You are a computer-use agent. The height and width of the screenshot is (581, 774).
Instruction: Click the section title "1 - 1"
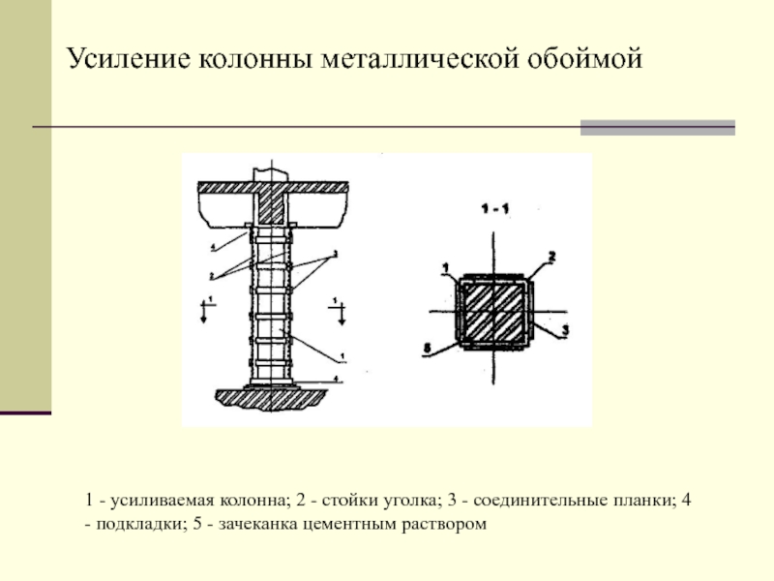[x=494, y=207]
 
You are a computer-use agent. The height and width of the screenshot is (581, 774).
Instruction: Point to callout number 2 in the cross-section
[x=551, y=257]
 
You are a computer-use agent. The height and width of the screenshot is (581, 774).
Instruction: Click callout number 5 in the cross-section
[x=428, y=346]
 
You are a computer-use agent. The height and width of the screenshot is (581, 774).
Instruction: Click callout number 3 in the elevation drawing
[x=334, y=254]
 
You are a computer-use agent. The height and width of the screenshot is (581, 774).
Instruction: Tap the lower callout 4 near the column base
[x=335, y=378]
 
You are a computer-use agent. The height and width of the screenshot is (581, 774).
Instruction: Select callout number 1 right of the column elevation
[x=342, y=357]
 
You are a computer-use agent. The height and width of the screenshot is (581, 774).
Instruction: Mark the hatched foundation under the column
[x=270, y=397]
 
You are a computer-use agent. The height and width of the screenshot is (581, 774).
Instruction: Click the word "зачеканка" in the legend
[x=256, y=524]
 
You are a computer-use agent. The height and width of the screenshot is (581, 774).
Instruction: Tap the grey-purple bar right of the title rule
[x=657, y=127]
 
